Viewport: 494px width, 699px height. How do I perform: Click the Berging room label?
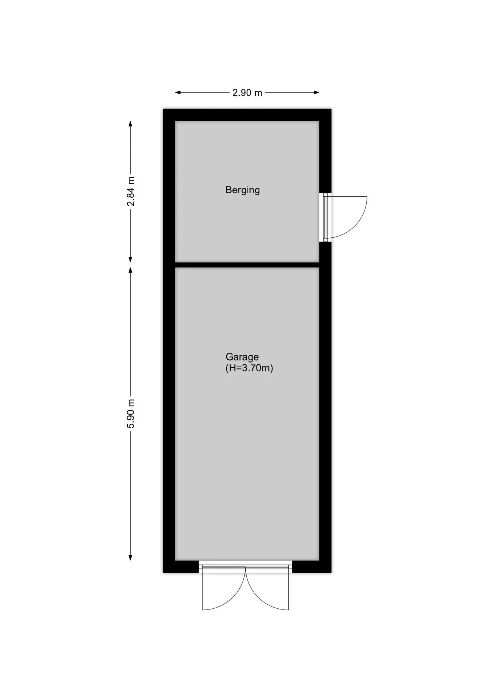[242, 190]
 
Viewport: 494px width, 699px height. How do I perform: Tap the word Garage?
[242, 357]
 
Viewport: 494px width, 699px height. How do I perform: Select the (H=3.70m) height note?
[249, 368]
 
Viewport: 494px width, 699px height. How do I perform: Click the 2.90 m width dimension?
[247, 93]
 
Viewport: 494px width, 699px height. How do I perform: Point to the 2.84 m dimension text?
[131, 191]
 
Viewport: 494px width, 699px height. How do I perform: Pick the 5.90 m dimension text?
[131, 414]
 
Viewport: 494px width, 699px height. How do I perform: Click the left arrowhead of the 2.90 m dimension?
[178, 92]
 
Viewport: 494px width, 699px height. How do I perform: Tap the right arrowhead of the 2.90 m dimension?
[316, 92]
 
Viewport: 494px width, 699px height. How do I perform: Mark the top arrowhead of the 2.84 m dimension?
[131, 124]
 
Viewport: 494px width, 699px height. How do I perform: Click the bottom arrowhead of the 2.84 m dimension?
[131, 259]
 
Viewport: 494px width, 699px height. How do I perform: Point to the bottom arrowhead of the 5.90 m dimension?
[131, 557]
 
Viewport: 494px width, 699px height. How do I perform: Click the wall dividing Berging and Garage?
[247, 265]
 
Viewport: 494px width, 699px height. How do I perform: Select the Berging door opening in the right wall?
[325, 217]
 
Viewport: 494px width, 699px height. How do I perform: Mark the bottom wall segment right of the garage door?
[312, 567]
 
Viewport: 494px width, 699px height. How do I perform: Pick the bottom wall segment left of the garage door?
[181, 567]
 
